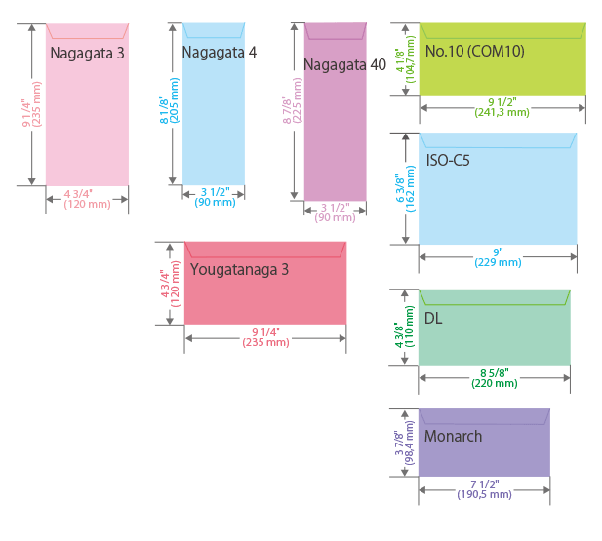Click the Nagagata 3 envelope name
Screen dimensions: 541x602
[x=87, y=53]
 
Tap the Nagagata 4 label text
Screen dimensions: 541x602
[x=219, y=52]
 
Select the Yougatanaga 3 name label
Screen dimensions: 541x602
[x=239, y=269]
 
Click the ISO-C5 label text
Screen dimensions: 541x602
[x=448, y=160]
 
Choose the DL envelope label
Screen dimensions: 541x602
[x=433, y=319]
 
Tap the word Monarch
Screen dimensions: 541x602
[x=453, y=436]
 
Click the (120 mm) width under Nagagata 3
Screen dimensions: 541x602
[x=87, y=204]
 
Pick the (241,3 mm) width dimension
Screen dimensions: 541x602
[x=502, y=112]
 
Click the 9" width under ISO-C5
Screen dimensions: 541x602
[x=498, y=251]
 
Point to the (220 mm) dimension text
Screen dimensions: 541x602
[x=495, y=383]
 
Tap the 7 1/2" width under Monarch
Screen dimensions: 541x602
[x=485, y=484]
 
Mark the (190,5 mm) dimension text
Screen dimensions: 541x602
[x=485, y=495]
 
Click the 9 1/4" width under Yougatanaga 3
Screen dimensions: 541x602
[x=265, y=332]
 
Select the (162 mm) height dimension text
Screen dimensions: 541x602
[x=411, y=187]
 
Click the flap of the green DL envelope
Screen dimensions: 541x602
[x=495, y=297]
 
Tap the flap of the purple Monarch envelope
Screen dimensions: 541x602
[x=485, y=415]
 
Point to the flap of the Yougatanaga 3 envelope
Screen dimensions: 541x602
[x=265, y=250]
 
